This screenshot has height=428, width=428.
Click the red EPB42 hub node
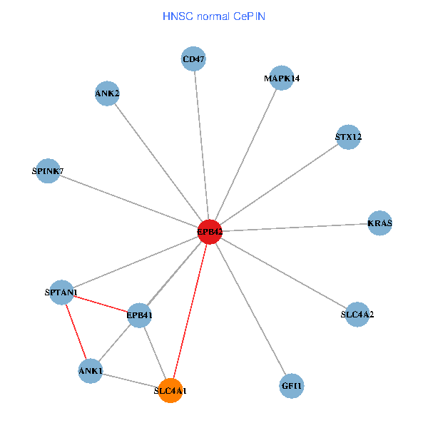coord(210,232)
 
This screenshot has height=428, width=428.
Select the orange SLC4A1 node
coord(170,390)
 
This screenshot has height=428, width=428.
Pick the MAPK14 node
coord(282,78)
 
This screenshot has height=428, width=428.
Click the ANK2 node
coord(107,93)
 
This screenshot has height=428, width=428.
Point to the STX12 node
coord(348,136)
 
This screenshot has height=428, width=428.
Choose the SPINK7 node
coord(48,171)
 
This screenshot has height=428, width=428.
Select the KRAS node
coord(379,223)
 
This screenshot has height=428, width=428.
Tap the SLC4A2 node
coord(357,314)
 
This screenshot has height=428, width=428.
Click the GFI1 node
coord(292,386)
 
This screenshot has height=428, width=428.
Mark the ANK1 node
coord(91,371)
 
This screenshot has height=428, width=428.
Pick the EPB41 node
coord(140,315)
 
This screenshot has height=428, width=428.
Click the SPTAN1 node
coord(61,292)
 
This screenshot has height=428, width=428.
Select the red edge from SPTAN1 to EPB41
coord(101,303)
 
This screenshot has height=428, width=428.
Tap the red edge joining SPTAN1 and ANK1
coord(76,332)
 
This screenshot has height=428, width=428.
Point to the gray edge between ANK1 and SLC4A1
coord(131,380)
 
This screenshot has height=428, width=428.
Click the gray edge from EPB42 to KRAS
coord(295,228)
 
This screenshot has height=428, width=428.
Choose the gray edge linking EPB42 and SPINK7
coord(128,201)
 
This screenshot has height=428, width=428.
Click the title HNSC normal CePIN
coord(214,15)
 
